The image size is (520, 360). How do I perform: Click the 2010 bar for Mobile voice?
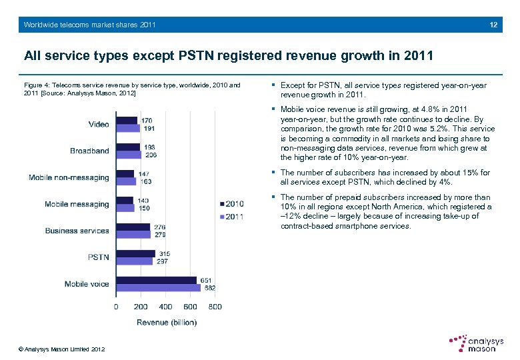click(x=156, y=281)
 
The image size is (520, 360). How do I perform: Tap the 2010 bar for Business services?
click(x=133, y=227)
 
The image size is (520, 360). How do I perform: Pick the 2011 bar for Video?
click(x=128, y=128)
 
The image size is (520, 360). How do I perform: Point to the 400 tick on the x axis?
click(x=165, y=307)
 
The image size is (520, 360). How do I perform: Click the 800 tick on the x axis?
click(x=215, y=307)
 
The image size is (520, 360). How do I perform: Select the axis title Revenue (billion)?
click(x=166, y=323)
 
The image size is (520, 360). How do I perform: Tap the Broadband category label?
click(x=89, y=151)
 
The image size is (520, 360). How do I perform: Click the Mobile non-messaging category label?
click(x=69, y=177)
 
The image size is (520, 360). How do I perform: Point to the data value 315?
click(x=164, y=253)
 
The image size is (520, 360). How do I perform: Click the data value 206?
click(x=151, y=155)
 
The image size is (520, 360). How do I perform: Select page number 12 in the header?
click(x=493, y=25)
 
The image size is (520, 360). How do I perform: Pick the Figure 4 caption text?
click(x=131, y=89)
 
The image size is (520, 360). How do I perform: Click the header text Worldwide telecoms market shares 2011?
click(x=89, y=25)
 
